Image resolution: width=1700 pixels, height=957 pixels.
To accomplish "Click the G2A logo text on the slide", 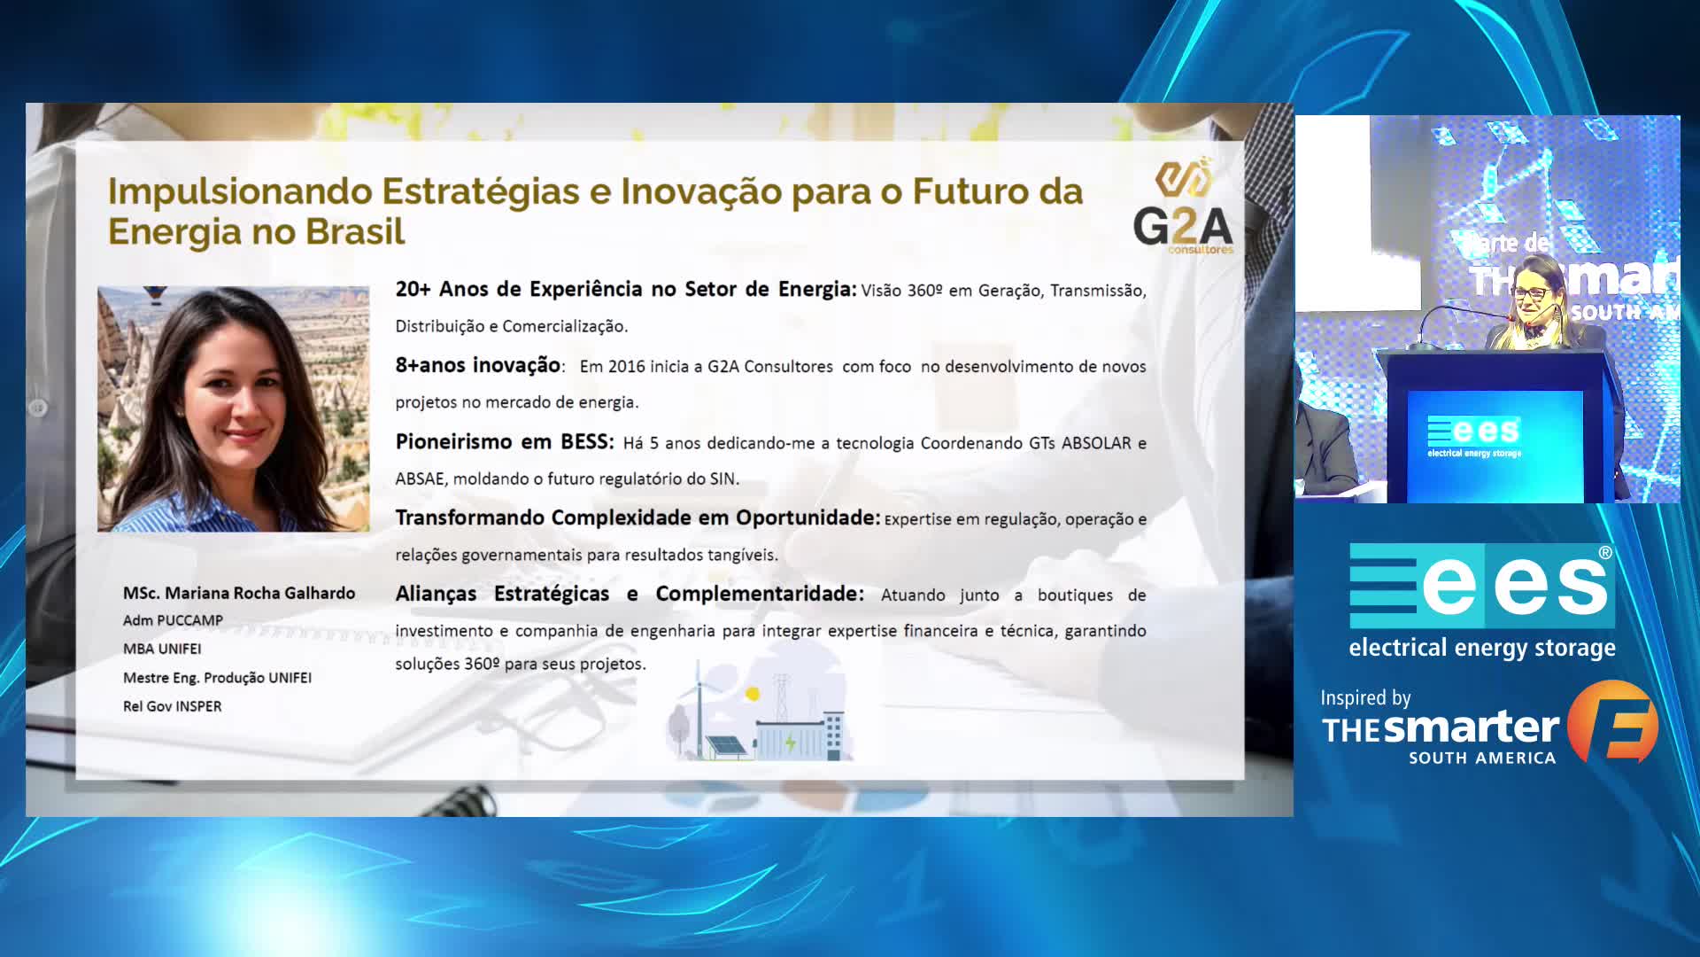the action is point(1183,227).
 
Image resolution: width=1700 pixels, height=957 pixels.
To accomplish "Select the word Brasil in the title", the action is point(354,232).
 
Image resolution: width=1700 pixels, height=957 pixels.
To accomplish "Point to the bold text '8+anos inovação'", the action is point(477,365).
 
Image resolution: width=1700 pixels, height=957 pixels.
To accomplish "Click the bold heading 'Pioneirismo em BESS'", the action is point(503,441).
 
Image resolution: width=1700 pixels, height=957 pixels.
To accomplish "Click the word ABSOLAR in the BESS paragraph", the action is point(1096,443).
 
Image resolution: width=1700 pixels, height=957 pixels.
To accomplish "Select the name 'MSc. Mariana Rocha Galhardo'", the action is point(239,593).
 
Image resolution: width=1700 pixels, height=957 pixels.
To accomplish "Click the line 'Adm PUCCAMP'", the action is point(173,620).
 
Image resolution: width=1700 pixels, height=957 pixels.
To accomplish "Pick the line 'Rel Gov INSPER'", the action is point(172,706).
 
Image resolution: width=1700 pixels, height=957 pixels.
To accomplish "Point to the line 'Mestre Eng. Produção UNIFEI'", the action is point(217,678).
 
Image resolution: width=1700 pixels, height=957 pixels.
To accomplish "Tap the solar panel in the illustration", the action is point(725,746).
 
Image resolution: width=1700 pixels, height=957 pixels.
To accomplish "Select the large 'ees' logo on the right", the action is point(1481,586).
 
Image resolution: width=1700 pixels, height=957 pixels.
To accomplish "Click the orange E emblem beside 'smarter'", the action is point(1613,722).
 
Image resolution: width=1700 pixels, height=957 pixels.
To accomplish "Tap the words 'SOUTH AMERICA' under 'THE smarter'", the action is point(1482,758).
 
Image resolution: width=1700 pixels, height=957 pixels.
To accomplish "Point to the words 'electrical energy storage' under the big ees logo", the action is point(1482,649).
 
